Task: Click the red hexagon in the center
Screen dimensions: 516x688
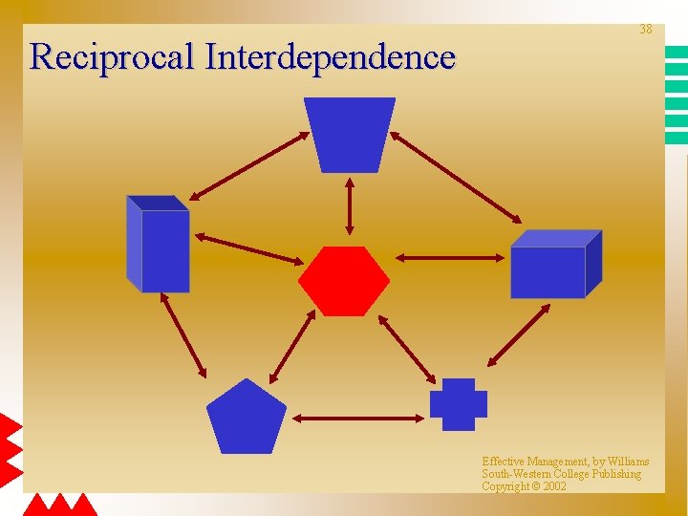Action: (x=344, y=281)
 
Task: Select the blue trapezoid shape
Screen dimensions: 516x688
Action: (x=350, y=134)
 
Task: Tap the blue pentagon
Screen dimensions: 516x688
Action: (x=247, y=419)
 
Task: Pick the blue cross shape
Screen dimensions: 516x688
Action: (x=459, y=404)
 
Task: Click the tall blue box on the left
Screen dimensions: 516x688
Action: (x=159, y=245)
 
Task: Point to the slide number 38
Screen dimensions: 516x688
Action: (x=646, y=30)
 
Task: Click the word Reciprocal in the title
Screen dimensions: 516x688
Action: (x=113, y=57)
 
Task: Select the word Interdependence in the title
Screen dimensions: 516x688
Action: (x=330, y=57)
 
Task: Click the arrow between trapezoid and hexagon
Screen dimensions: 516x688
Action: (x=350, y=206)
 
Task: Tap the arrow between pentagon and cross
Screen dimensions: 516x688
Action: (x=356, y=418)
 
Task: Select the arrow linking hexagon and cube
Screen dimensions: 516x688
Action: (x=449, y=257)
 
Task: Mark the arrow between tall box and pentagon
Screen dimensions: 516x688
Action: (x=183, y=334)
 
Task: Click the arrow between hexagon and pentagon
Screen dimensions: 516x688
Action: (x=292, y=346)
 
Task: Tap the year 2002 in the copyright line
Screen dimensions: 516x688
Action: (x=554, y=486)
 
